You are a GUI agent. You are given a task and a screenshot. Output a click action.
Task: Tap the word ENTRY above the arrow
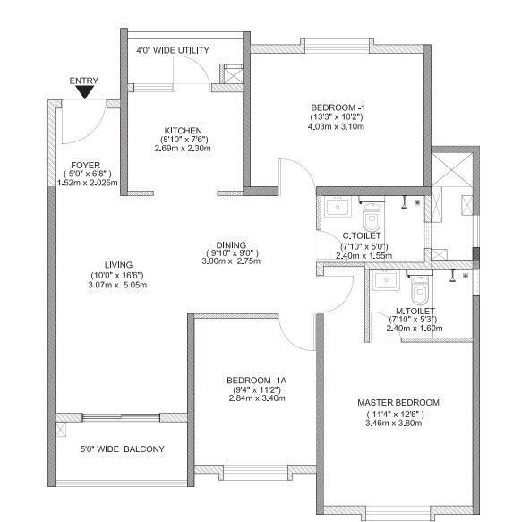83,81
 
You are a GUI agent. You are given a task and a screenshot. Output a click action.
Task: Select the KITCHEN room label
182,130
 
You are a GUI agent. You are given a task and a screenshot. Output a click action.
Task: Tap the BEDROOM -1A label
255,380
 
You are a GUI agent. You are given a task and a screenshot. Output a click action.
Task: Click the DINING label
230,244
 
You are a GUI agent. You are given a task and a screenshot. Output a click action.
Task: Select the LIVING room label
118,265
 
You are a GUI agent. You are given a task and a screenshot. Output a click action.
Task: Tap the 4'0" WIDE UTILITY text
172,51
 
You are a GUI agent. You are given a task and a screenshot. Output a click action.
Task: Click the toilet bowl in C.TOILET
372,215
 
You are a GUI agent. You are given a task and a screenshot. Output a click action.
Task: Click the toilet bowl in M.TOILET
419,290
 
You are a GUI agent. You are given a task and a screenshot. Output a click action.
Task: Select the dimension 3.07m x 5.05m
118,285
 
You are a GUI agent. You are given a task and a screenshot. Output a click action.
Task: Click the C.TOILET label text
363,236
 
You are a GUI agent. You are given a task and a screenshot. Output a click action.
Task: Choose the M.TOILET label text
414,311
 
